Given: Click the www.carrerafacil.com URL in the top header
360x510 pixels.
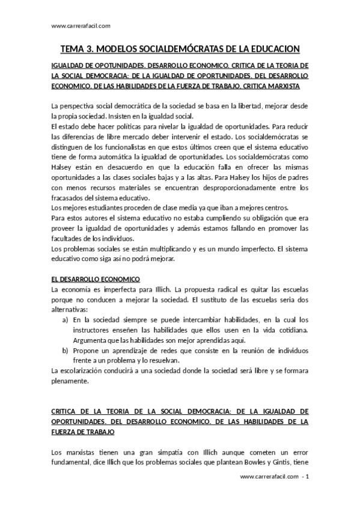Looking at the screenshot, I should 81,25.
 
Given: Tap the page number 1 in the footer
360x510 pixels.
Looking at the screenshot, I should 307,477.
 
